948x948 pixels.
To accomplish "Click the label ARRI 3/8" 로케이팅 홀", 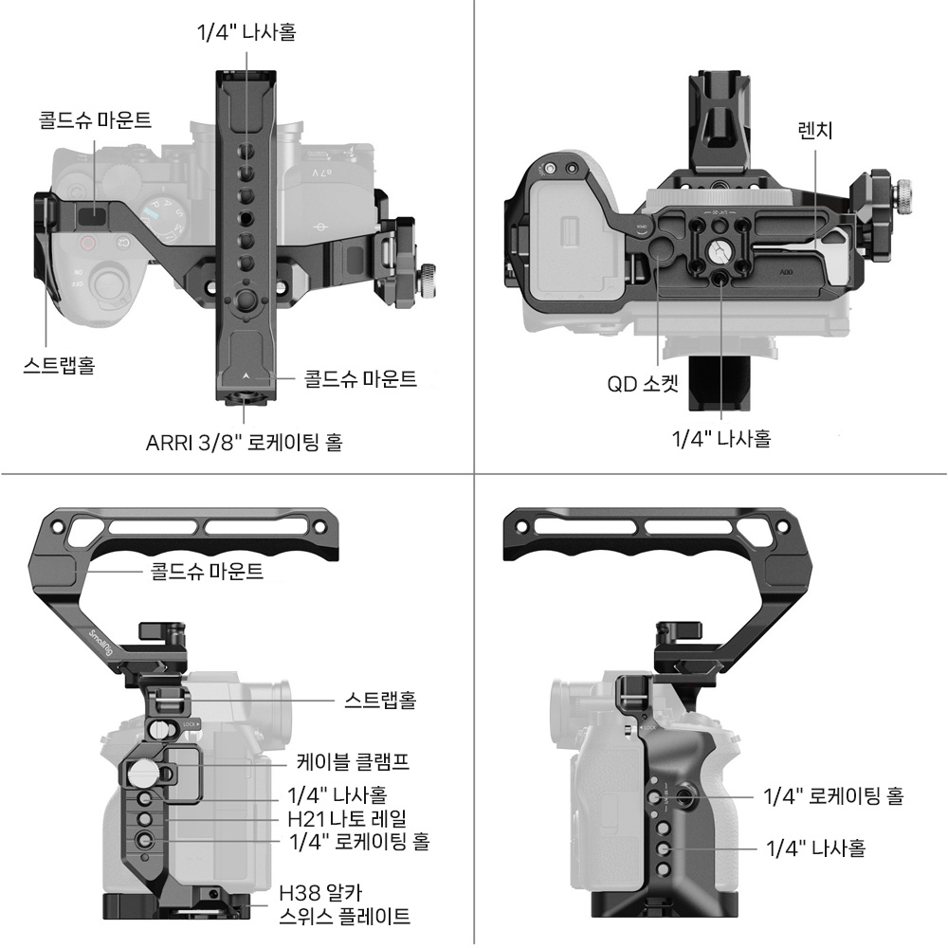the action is click(x=245, y=442).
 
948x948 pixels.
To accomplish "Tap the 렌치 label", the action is click(x=815, y=130).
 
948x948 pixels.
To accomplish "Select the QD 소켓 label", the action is click(x=643, y=383).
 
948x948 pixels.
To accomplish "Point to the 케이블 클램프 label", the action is click(x=353, y=761).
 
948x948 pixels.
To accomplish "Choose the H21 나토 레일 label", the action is click(x=347, y=819).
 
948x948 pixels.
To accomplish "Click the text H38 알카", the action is click(x=320, y=892).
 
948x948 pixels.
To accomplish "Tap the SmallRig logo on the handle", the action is click(x=100, y=644).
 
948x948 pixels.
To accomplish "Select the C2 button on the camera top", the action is click(x=122, y=243).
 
